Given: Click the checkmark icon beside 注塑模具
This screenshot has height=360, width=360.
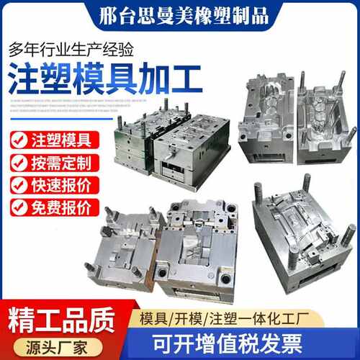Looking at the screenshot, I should point(22,138).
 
